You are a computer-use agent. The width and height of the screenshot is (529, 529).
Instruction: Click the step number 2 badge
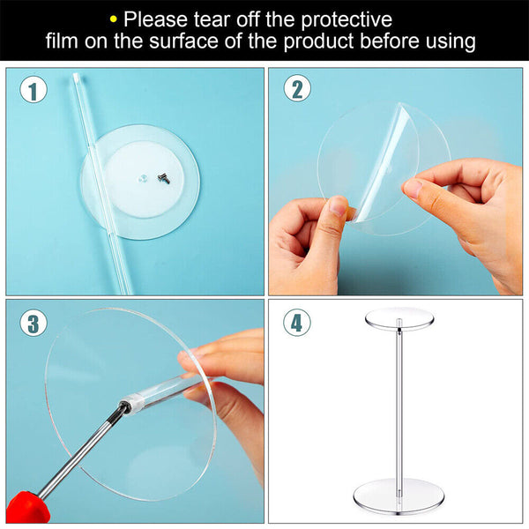[297, 89]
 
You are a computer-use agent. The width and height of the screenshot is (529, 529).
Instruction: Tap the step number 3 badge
[33, 323]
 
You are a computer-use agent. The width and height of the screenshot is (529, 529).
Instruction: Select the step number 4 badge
[297, 323]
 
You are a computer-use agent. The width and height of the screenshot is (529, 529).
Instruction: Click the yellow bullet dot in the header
[112, 18]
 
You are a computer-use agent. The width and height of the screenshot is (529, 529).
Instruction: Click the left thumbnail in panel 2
[338, 207]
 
